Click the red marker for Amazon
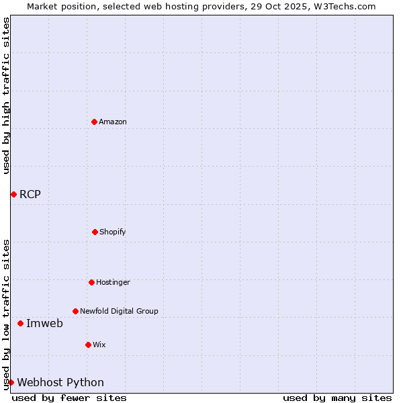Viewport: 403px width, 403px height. pos(94,122)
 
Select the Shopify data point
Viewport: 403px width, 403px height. pos(95,232)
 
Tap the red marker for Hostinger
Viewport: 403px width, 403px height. pos(91,282)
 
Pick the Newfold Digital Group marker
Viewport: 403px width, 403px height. pos(75,311)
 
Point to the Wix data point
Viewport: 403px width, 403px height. pos(88,345)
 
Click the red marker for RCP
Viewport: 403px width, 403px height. pos(13,194)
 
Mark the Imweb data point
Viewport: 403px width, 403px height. pos(20,323)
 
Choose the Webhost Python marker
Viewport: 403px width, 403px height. pos(11,382)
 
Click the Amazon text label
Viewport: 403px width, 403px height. pos(113,122)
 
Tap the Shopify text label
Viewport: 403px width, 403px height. pos(113,232)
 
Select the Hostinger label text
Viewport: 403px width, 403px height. pos(113,282)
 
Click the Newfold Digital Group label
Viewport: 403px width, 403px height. pos(119,311)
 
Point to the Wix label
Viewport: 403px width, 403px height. pos(99,345)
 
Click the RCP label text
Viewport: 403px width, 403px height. pos(30,195)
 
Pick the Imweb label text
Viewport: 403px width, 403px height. pos(44,324)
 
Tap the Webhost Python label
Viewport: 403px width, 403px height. pos(60,383)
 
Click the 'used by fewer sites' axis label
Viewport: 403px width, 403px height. pos(69,398)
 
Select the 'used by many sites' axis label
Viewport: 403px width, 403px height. pos(337,398)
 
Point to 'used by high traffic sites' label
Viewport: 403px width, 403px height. pos(6,96)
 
